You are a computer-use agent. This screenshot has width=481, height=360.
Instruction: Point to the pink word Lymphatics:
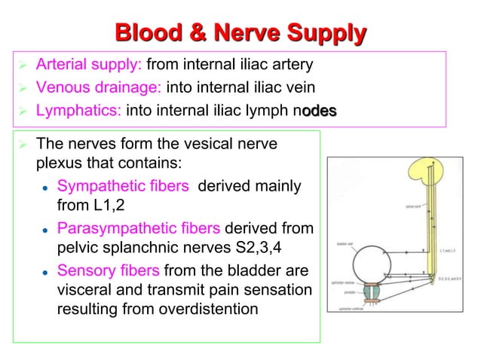(x=79, y=111)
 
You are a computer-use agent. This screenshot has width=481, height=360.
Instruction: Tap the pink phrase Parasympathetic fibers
(x=139, y=228)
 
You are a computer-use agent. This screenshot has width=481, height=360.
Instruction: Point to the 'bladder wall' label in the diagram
(x=342, y=245)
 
